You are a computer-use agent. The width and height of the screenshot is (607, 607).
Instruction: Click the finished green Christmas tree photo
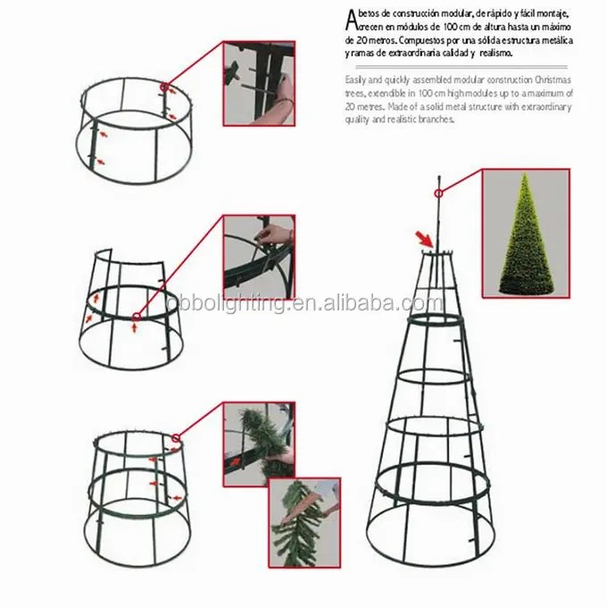coord(526,234)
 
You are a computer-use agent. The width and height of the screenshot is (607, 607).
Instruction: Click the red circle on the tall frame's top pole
coord(438,193)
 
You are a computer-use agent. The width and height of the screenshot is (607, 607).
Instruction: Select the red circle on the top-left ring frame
coord(164,87)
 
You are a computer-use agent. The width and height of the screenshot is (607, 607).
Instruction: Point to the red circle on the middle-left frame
coord(136,318)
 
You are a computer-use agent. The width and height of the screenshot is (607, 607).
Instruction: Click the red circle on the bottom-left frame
coord(176,438)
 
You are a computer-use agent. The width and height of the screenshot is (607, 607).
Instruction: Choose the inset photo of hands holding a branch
coord(304,522)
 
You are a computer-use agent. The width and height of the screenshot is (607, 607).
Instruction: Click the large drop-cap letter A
coord(350,21)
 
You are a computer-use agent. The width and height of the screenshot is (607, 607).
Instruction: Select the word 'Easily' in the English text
coord(354,80)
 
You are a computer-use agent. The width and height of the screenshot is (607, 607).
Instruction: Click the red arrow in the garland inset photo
coord(235,461)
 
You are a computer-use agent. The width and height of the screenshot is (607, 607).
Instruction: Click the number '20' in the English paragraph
coord(350,106)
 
